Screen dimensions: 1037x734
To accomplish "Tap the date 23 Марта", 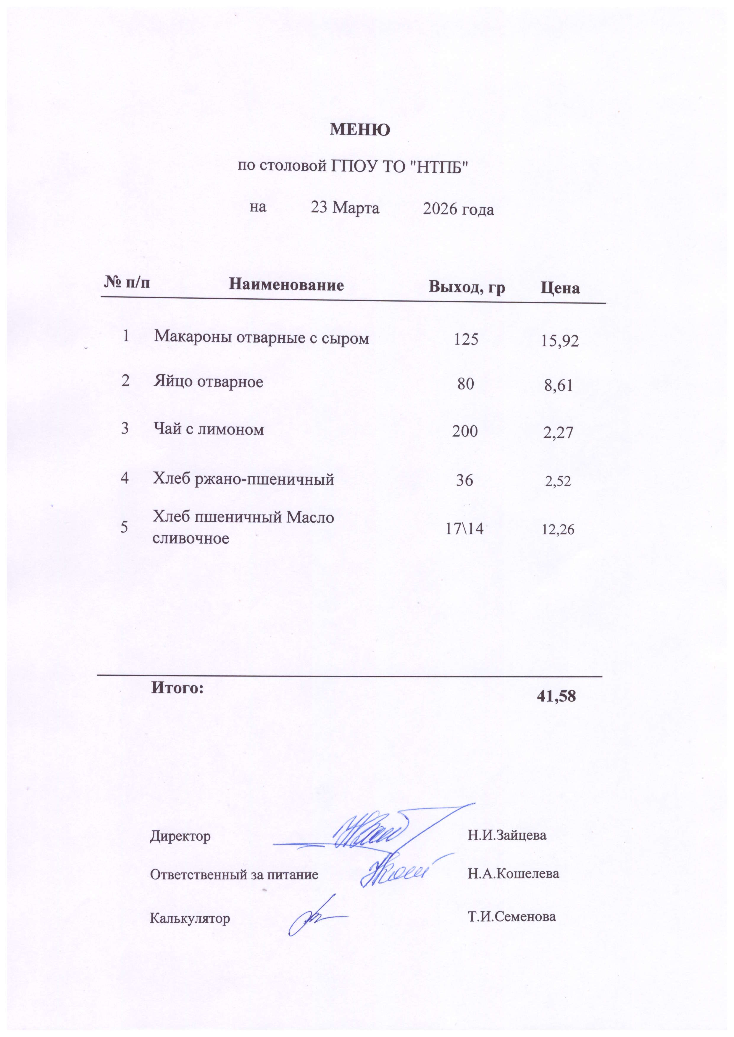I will pyautogui.click(x=345, y=208).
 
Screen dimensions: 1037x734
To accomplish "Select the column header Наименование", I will pyautogui.click(x=286, y=284).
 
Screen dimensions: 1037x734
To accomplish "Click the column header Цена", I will pyautogui.click(x=560, y=288).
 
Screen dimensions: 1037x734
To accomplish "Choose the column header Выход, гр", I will pyautogui.click(x=467, y=287).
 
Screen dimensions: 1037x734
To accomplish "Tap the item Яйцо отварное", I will pyautogui.click(x=208, y=382).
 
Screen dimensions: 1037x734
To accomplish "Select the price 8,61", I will pyautogui.click(x=559, y=386).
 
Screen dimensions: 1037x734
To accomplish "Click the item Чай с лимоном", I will pyautogui.click(x=208, y=429).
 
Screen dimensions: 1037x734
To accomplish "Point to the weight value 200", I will pyautogui.click(x=465, y=431).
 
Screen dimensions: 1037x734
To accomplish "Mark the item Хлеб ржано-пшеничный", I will pyautogui.click(x=243, y=479).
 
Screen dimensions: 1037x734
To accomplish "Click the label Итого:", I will pyautogui.click(x=177, y=688).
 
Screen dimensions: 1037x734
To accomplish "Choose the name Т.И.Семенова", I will pyautogui.click(x=512, y=916).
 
